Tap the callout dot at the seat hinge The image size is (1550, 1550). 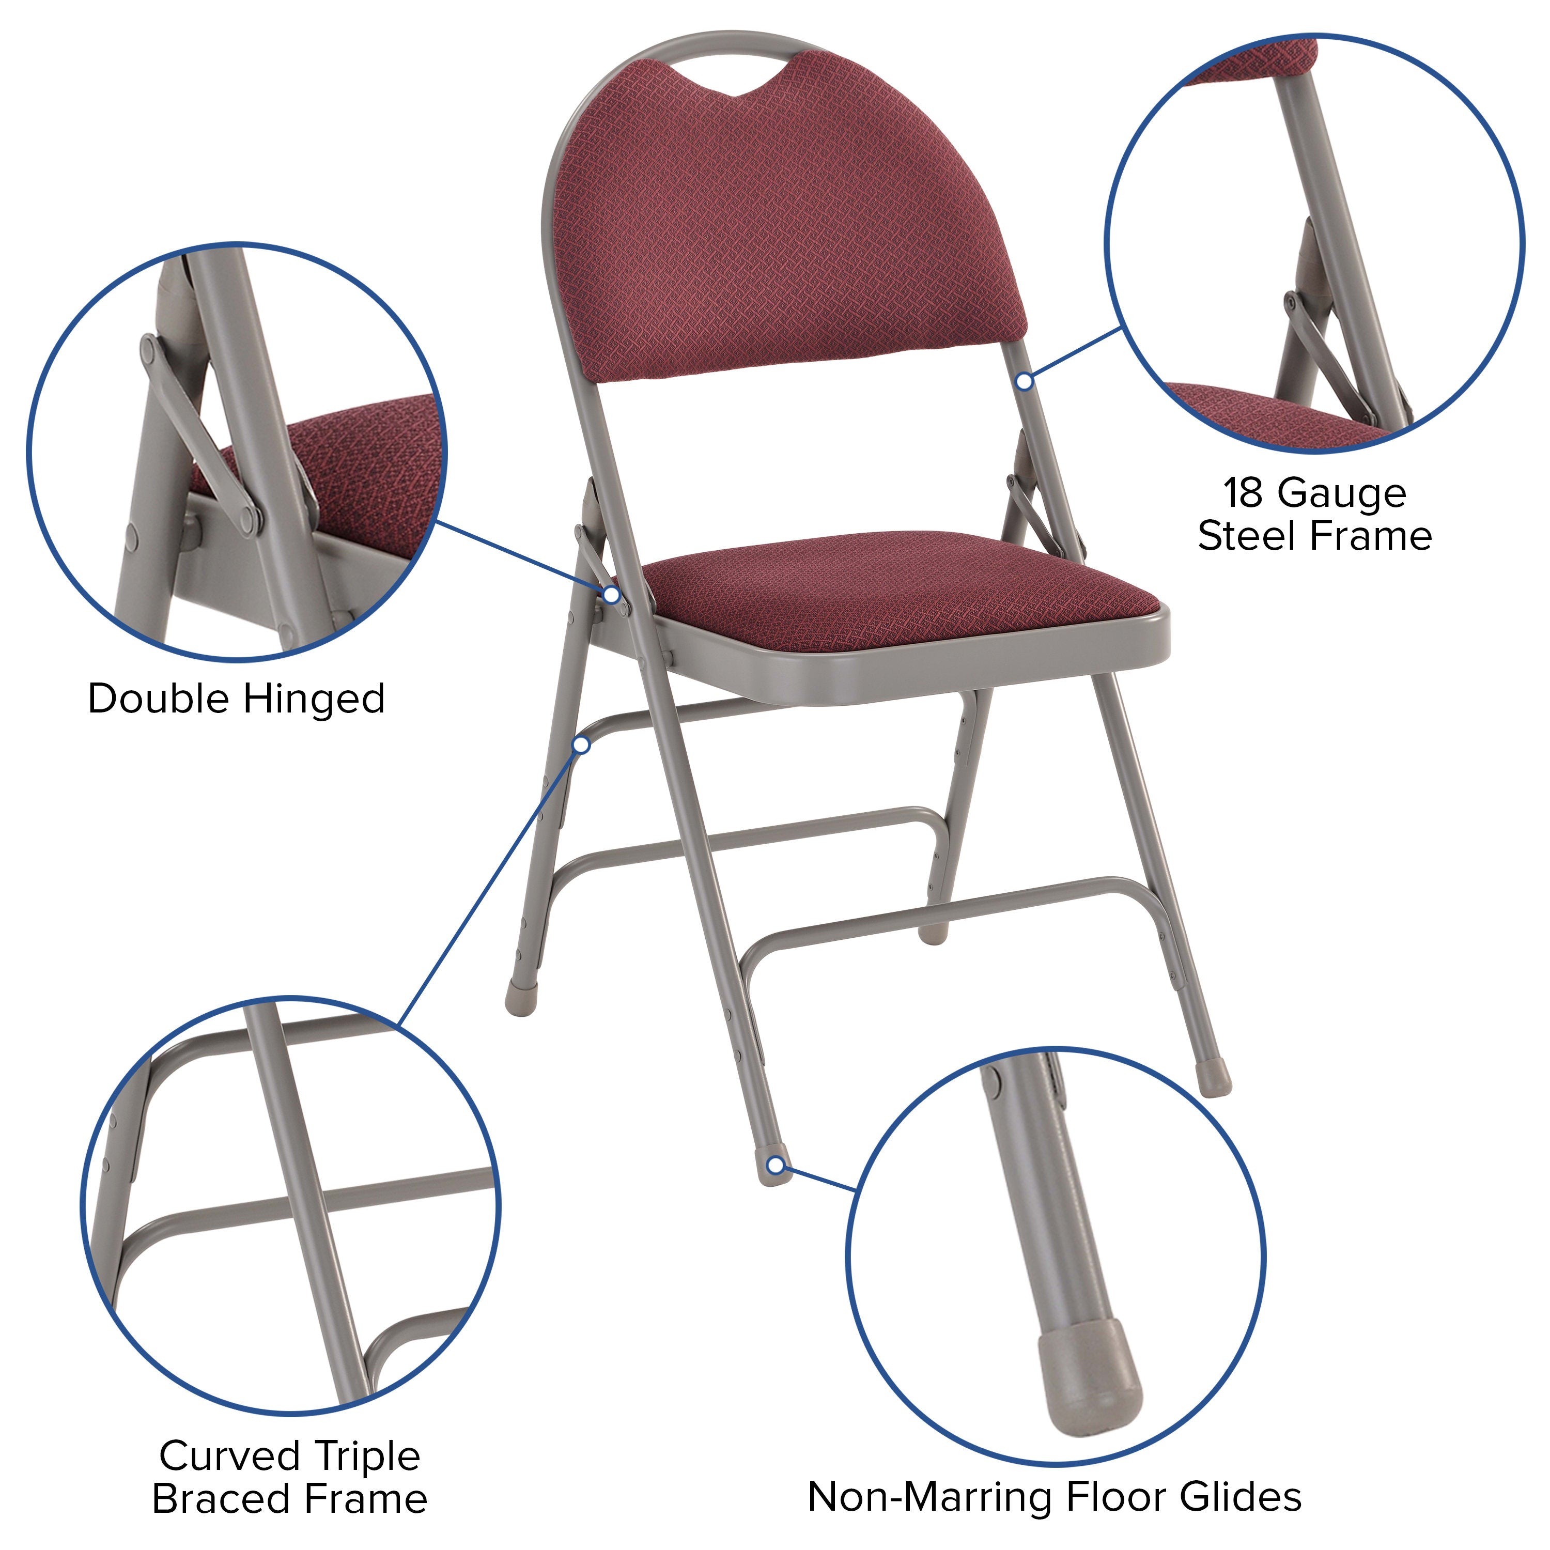point(611,595)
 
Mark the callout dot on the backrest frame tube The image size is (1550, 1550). point(1024,382)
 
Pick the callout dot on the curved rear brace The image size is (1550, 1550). point(582,746)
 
